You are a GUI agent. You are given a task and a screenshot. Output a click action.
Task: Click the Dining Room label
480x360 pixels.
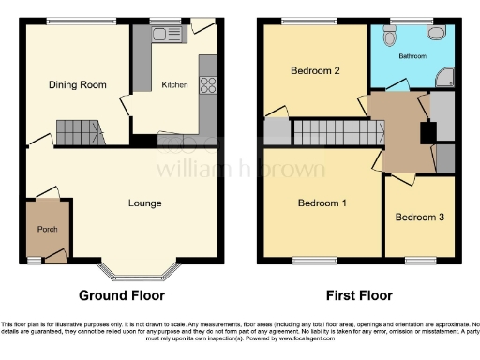77,85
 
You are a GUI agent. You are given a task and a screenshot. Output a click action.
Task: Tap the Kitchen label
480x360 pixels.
175,85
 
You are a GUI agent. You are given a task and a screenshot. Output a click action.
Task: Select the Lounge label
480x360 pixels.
144,203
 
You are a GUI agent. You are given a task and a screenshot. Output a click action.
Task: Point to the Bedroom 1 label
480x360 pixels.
322,202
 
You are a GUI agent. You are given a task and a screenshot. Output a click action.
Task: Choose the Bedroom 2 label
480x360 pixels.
314,71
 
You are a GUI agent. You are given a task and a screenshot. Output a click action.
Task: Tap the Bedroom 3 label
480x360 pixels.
418,217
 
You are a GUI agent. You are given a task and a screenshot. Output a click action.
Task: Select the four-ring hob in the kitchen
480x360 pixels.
207,82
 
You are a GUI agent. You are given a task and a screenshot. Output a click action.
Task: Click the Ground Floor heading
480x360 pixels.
121,295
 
